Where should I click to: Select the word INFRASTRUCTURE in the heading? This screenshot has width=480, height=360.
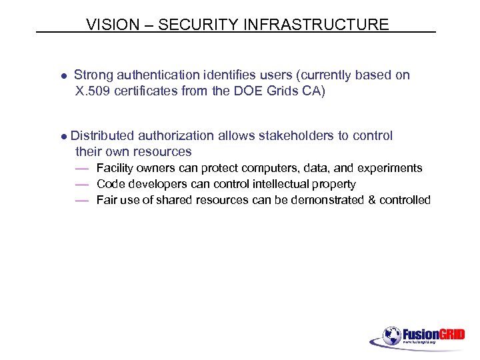tap(317, 25)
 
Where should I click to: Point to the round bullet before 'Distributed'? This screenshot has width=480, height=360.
tap(63, 137)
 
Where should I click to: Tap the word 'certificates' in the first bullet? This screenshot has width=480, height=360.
tap(147, 91)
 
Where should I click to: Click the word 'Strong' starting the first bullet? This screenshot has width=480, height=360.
tap(93, 75)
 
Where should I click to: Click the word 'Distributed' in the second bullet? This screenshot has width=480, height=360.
tap(102, 136)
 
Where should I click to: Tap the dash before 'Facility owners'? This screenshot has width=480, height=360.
tap(82, 168)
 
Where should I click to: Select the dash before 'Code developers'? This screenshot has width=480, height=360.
tap(82, 184)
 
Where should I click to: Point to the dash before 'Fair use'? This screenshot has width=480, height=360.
tap(82, 200)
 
